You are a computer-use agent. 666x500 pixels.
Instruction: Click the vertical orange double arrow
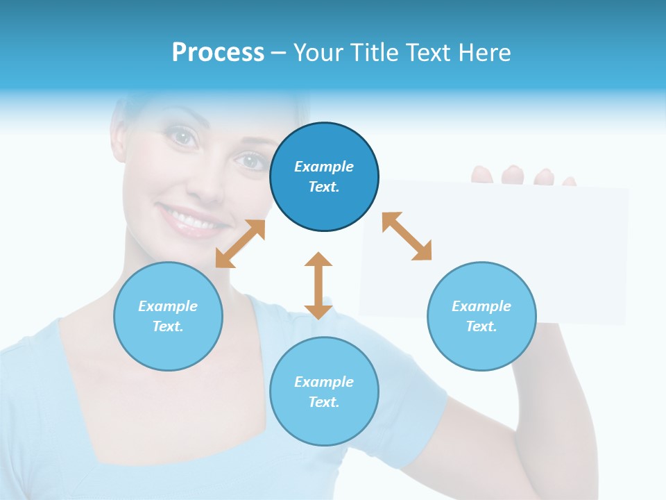pyautogui.click(x=318, y=285)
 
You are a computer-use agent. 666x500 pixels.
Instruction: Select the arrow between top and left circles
pyautogui.click(x=240, y=244)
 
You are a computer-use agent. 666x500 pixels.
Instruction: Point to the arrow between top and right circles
pyautogui.click(x=407, y=236)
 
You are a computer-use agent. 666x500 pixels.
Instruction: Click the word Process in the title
pyautogui.click(x=218, y=52)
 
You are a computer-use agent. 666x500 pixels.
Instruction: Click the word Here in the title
pyautogui.click(x=486, y=52)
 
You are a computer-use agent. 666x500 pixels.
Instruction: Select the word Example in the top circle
pyautogui.click(x=324, y=167)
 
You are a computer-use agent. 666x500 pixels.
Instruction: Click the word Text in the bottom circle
pyautogui.click(x=323, y=402)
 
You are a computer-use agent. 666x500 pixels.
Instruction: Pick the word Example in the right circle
pyautogui.click(x=481, y=306)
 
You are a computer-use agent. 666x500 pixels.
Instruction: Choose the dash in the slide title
pyautogui.click(x=279, y=53)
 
